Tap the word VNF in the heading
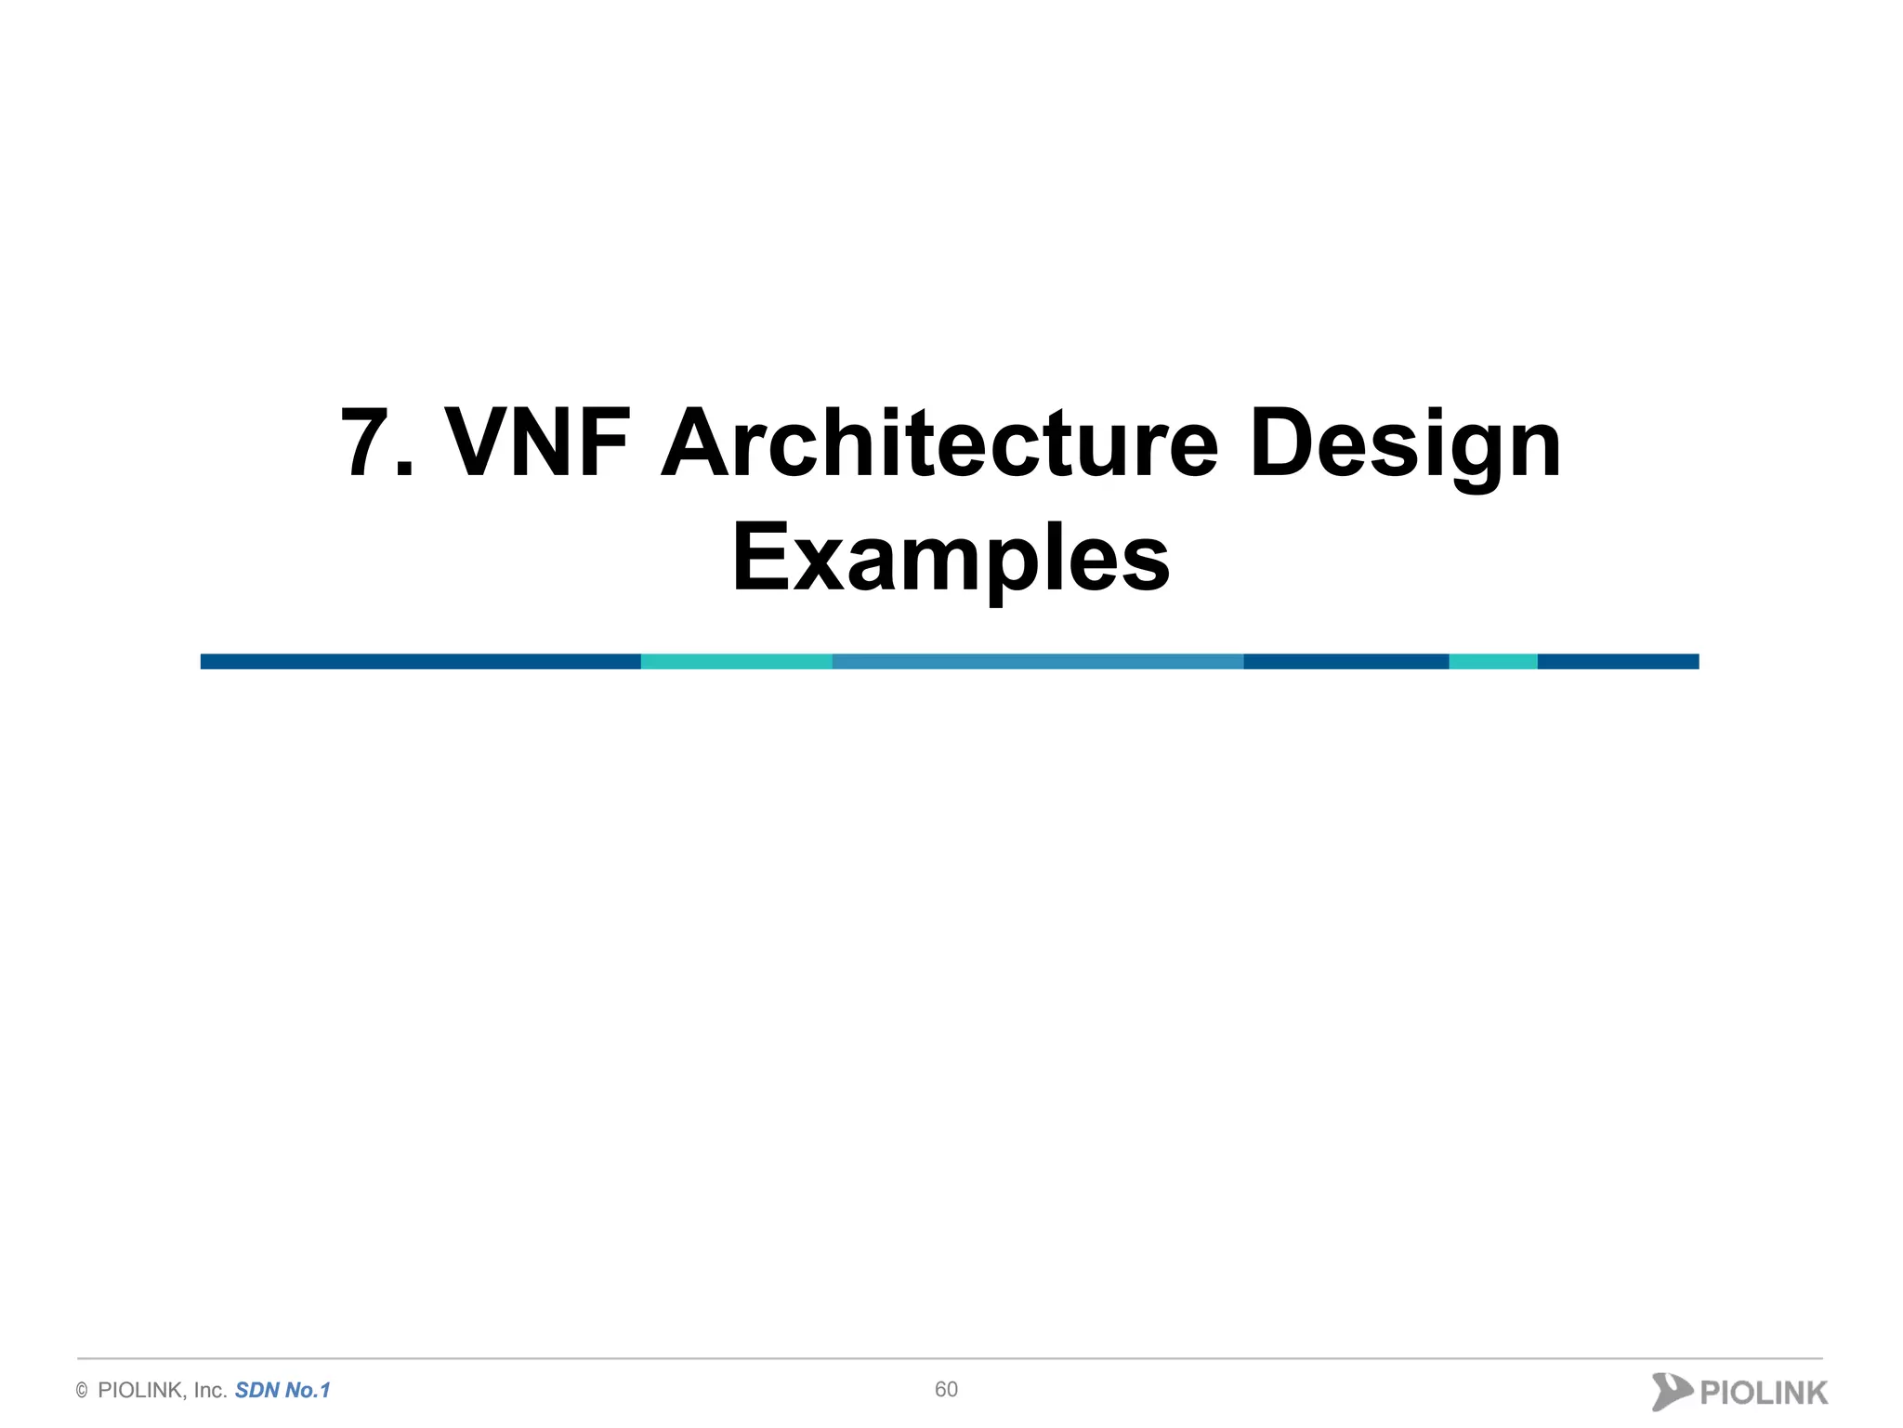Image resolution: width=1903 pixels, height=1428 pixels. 538,443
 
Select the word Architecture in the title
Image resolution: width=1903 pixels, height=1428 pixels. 938,443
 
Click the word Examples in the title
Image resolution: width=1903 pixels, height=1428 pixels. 951,559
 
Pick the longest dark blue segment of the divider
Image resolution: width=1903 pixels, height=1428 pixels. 420,662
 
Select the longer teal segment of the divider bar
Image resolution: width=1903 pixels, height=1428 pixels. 736,662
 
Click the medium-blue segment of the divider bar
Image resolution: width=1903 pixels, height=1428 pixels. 1037,662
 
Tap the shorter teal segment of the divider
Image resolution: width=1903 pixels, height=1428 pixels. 1492,662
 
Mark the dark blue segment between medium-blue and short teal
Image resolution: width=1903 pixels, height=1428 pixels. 1345,662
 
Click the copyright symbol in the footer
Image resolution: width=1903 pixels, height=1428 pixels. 82,1391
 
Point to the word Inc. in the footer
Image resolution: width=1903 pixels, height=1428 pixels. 210,1391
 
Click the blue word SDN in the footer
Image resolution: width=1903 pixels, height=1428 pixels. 256,1391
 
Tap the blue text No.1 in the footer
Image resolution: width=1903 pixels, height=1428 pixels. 308,1391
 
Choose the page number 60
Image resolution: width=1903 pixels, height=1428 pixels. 946,1389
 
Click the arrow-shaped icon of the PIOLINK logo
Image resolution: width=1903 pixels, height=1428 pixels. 1671,1392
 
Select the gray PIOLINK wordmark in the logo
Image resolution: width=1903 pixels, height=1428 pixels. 1763,1393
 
